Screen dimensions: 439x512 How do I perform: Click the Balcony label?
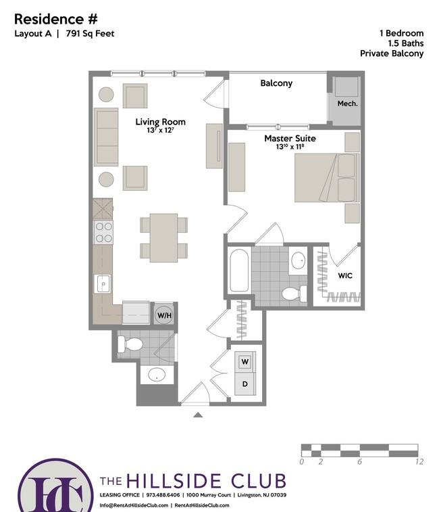point(276,83)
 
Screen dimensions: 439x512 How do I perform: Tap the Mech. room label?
point(347,103)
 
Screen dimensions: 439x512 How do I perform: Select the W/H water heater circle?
point(164,315)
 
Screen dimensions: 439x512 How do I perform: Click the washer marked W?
point(245,361)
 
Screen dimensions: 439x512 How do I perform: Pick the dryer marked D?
point(245,383)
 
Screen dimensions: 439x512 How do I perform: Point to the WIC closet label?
point(345,275)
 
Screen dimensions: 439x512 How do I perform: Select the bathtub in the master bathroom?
point(239,271)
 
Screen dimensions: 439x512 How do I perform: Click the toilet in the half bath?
point(130,344)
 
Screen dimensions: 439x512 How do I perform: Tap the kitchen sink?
point(103,284)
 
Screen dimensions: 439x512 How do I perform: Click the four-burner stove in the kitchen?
point(103,232)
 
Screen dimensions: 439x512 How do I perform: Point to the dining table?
point(163,237)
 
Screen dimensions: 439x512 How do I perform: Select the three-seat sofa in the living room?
point(106,137)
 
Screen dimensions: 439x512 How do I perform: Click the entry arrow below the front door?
point(198,415)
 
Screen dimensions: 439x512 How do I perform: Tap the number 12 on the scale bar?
point(419,461)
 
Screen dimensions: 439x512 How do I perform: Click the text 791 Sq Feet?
point(90,34)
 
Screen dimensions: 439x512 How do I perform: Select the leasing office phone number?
point(163,494)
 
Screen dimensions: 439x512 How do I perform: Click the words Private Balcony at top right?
point(392,53)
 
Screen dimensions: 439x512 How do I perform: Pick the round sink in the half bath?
point(157,374)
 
